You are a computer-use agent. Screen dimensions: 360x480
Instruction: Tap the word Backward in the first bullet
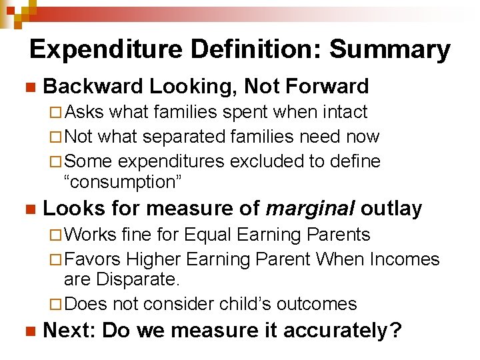[x=93, y=86]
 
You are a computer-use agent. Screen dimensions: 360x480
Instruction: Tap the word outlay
[x=391, y=209]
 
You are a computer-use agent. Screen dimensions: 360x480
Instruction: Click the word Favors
[x=93, y=259]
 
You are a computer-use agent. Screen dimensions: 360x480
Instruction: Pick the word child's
[x=253, y=304]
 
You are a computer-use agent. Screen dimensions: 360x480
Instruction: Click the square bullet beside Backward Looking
[x=28, y=87]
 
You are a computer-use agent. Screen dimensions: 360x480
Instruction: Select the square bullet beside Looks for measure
[x=28, y=209]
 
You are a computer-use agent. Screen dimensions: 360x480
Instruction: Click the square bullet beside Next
[x=28, y=331]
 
